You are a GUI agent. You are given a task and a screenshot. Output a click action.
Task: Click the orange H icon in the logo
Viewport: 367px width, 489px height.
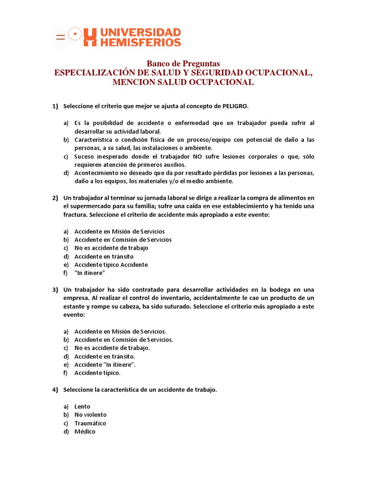pyautogui.click(x=90, y=37)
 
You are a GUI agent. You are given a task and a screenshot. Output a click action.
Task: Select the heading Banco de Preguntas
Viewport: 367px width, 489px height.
pyautogui.click(x=183, y=64)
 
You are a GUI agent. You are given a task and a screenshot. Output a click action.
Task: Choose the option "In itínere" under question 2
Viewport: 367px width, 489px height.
pyautogui.click(x=89, y=273)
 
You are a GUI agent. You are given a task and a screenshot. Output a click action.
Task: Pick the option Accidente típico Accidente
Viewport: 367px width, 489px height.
pyautogui.click(x=111, y=265)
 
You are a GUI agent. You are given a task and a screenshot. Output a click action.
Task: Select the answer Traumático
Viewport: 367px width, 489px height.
pyautogui.click(x=90, y=423)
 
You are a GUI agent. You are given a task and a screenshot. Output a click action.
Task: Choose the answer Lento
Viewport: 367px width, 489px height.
pyautogui.click(x=82, y=406)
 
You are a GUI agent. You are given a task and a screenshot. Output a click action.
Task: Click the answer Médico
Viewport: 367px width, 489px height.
pyautogui.click(x=85, y=432)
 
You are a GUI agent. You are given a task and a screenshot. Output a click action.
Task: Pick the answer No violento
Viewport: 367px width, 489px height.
pyautogui.click(x=91, y=415)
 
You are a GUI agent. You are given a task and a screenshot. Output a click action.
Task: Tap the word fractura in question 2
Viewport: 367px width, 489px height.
pyautogui.click(x=76, y=215)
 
